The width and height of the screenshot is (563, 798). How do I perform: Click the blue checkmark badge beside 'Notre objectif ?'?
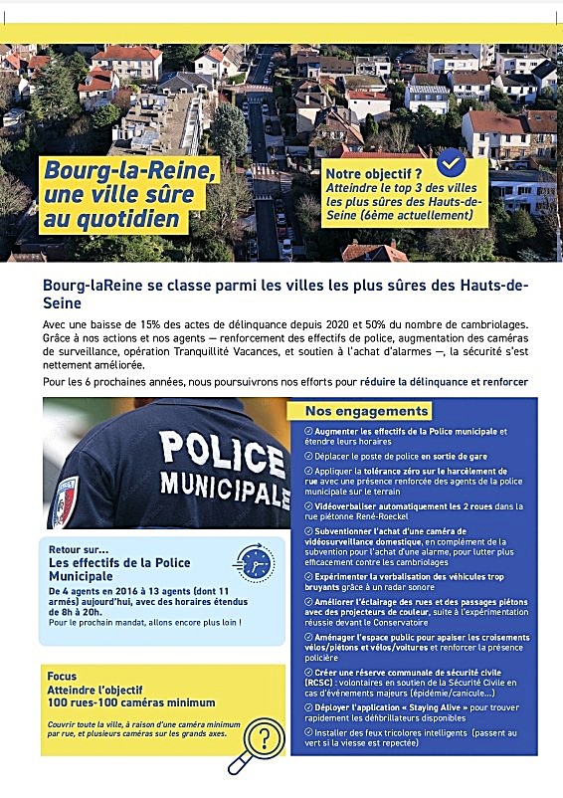(x=452, y=162)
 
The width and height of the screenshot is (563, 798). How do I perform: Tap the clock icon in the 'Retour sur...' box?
(x=255, y=563)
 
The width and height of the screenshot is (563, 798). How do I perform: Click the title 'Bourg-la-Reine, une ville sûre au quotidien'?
(x=128, y=194)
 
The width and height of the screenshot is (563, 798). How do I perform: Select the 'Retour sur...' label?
(x=79, y=547)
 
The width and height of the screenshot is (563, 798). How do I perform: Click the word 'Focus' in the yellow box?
(x=62, y=677)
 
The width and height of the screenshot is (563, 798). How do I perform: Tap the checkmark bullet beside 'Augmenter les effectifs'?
(x=308, y=432)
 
